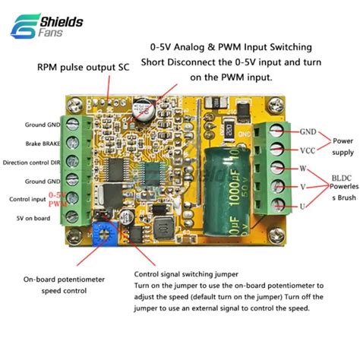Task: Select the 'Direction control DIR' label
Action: coord(33,162)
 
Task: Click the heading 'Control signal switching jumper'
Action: coord(186,274)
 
